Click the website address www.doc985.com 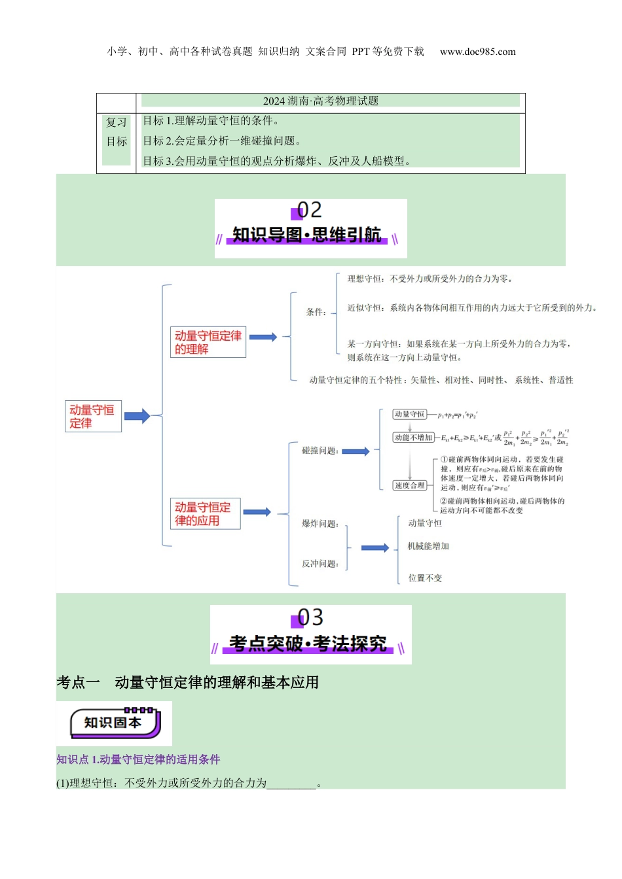click(477, 52)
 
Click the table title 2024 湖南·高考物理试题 click(321, 101)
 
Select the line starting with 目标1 click(211, 120)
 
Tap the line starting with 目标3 click(277, 161)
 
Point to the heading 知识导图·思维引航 click(306, 235)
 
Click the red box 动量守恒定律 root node click(92, 417)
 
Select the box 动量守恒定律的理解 click(208, 342)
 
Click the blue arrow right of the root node click(137, 416)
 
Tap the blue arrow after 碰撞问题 click(356, 451)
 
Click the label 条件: click(316, 312)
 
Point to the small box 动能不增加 click(413, 438)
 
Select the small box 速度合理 click(410, 485)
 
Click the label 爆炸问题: click(320, 524)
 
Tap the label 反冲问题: click(320, 564)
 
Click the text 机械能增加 click(428, 546)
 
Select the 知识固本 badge click(115, 723)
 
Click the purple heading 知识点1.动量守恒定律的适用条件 click(138, 759)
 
